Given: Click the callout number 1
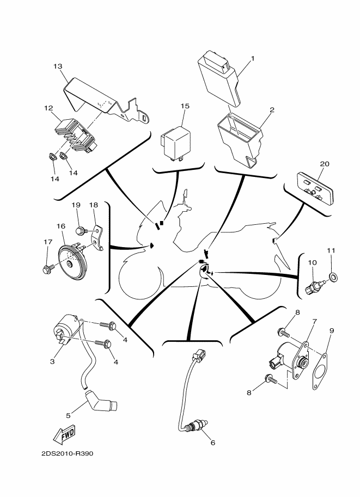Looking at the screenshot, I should coord(252,58).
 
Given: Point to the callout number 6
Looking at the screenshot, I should coord(212,443).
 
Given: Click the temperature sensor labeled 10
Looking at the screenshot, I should coord(316,286).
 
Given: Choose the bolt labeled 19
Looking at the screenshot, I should coord(81,231).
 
